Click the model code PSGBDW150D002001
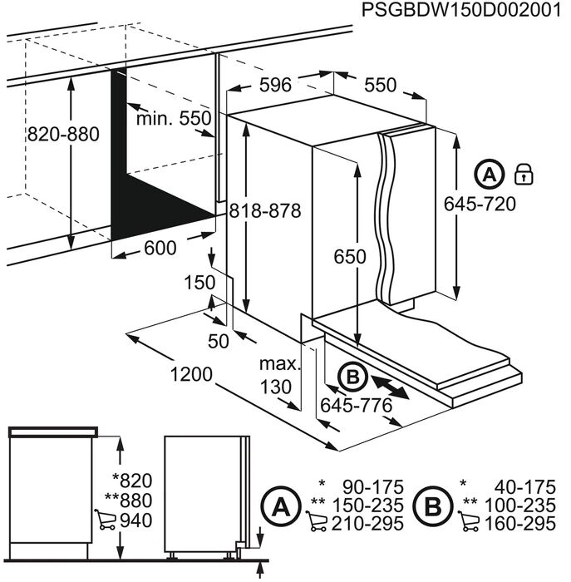tap(461, 10)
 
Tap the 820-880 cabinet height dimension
tap(63, 134)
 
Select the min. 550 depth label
tap(174, 119)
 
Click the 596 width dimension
tap(276, 85)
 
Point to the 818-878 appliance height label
tap(265, 211)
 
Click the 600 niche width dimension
tap(160, 248)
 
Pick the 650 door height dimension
tap(350, 256)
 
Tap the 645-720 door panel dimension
tap(480, 204)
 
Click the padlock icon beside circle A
tap(524, 175)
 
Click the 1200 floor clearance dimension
tap(191, 374)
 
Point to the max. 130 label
tap(278, 376)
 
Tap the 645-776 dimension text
tap(357, 406)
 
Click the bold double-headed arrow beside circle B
tap(390, 387)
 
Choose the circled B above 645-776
tap(352, 377)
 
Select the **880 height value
tap(129, 501)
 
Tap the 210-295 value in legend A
tap(367, 524)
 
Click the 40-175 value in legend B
tap(526, 486)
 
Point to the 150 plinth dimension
tap(199, 282)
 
